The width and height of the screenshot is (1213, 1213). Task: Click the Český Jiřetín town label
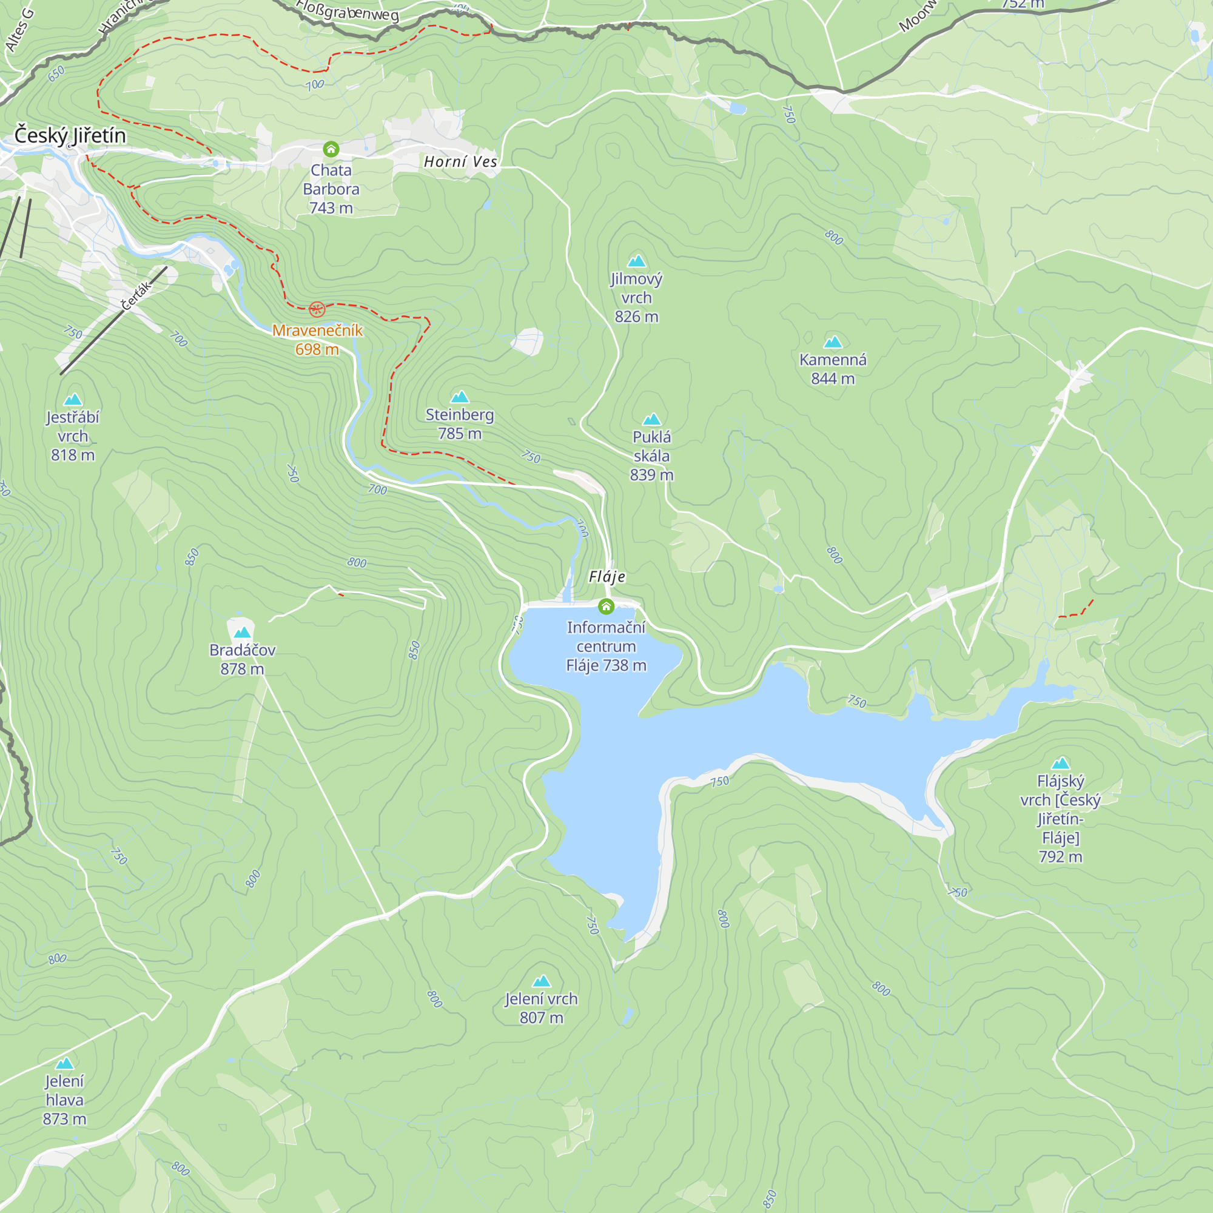[x=70, y=136]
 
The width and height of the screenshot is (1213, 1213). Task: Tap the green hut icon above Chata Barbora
[x=331, y=149]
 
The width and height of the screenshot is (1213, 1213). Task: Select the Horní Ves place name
[x=460, y=162]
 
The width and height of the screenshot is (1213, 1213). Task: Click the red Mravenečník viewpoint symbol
[x=317, y=309]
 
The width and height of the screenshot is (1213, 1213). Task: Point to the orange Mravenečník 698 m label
[x=317, y=340]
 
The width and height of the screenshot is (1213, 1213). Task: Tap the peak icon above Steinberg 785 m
[x=460, y=397]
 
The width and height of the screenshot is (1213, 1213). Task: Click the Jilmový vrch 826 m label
[x=636, y=298]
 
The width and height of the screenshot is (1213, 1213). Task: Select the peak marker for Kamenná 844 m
[x=833, y=342]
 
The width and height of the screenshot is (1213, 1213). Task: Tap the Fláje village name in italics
[x=606, y=577]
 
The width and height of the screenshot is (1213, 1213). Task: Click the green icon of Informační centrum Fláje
[x=606, y=606]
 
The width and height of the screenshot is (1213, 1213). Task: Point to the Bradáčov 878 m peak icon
[x=242, y=632]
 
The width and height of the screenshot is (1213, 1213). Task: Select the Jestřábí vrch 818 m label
[x=73, y=435]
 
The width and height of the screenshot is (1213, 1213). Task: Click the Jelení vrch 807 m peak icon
[x=541, y=981]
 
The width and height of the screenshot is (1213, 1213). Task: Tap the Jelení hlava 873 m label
[x=64, y=1100]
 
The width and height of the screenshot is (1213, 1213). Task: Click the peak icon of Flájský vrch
[x=1060, y=764]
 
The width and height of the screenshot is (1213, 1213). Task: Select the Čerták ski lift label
[x=136, y=295]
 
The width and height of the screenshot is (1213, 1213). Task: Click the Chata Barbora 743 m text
[x=331, y=189]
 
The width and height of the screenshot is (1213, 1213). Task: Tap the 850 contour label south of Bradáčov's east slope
[x=414, y=650]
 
